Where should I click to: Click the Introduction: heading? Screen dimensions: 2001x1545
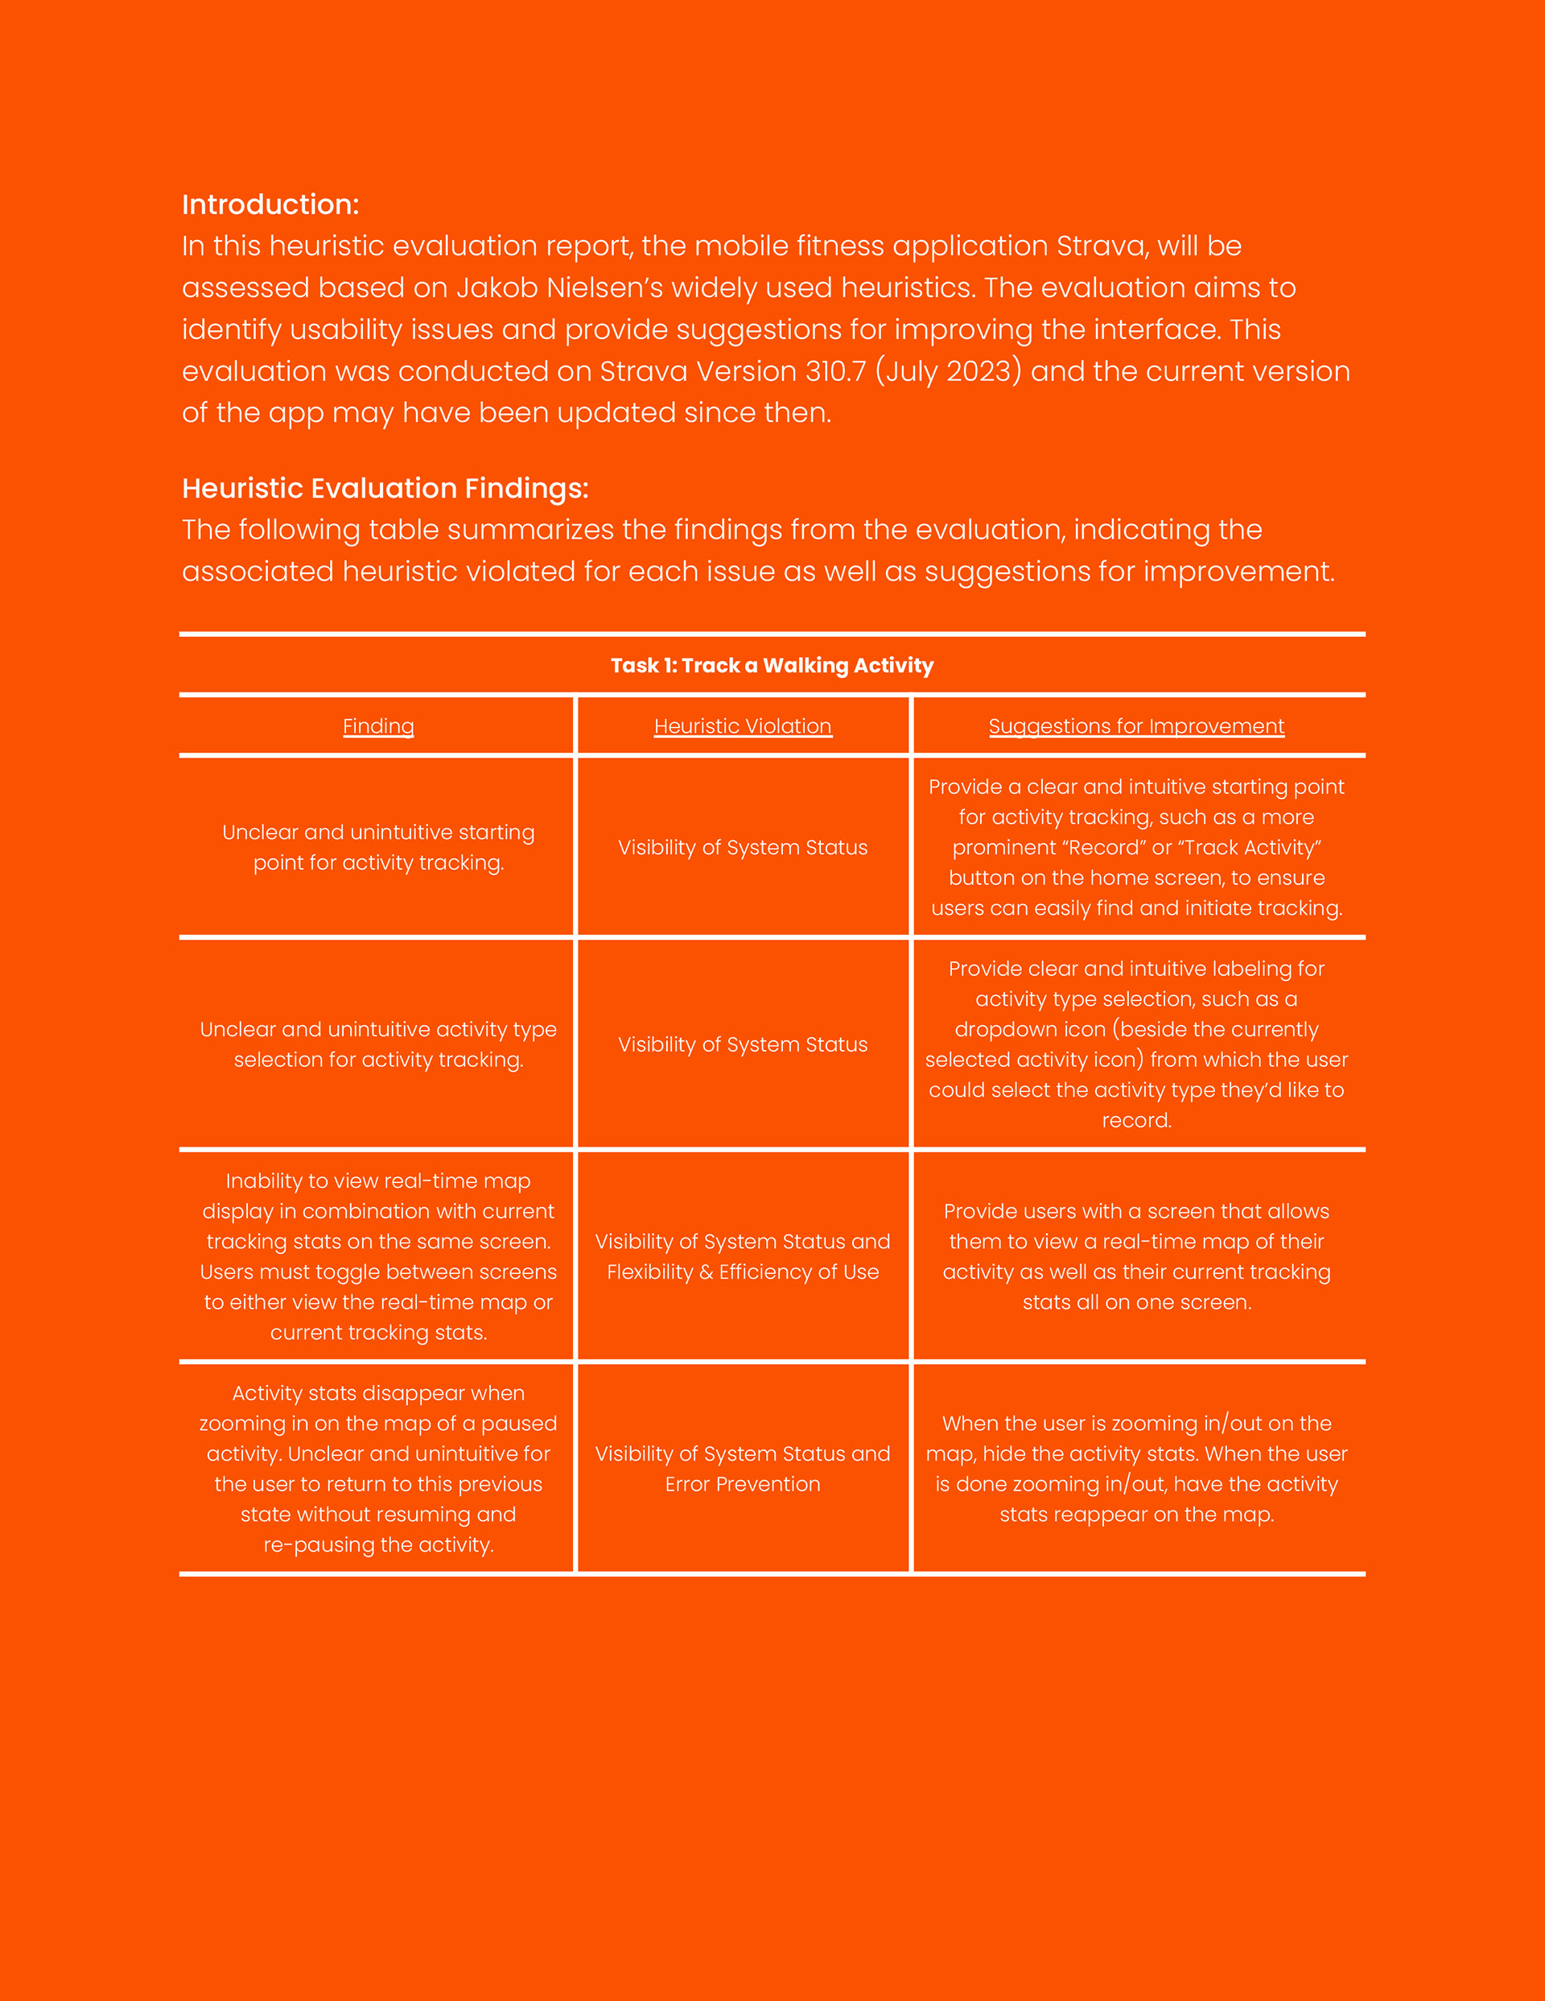[270, 205]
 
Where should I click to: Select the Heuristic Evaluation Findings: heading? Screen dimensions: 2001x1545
[385, 488]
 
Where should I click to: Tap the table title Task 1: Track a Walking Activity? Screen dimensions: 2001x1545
[772, 665]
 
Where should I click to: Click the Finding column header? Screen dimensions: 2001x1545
[378, 726]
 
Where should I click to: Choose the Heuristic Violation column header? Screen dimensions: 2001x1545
[743, 726]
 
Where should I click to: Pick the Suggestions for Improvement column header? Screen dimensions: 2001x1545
[1136, 726]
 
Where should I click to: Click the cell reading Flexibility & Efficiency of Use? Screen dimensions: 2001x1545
[743, 1271]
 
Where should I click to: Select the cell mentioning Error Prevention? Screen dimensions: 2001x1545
[743, 1484]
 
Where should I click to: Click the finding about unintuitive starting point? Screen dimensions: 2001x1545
[378, 847]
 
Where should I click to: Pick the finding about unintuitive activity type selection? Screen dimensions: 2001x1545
[378, 1044]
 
